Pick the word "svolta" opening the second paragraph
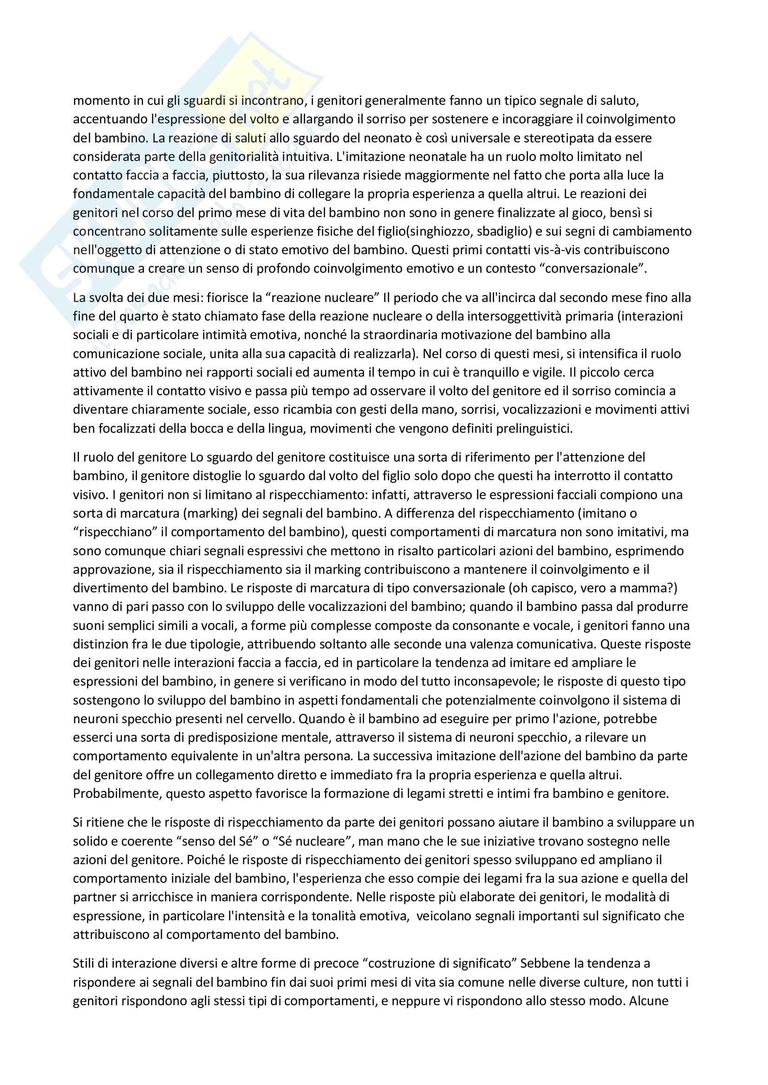click(x=102, y=298)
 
